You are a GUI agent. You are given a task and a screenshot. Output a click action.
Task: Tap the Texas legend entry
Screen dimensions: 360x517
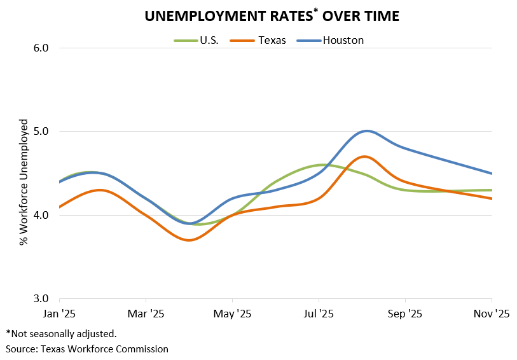click(x=272, y=40)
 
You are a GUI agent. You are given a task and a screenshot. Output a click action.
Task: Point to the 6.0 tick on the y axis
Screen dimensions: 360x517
click(x=41, y=48)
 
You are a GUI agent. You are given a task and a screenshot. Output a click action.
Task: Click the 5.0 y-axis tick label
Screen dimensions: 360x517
click(x=41, y=132)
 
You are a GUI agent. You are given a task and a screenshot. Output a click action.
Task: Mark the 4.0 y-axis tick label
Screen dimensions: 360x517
click(x=41, y=215)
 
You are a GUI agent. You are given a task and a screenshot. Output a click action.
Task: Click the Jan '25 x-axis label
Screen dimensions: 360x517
click(x=59, y=314)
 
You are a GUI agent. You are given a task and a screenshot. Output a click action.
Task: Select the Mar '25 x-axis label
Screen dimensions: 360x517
click(x=146, y=314)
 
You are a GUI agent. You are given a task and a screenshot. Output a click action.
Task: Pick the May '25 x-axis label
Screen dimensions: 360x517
click(x=233, y=314)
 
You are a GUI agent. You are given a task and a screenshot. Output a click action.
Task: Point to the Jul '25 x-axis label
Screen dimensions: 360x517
click(x=319, y=314)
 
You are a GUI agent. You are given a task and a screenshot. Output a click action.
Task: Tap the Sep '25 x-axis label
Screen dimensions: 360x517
click(x=405, y=314)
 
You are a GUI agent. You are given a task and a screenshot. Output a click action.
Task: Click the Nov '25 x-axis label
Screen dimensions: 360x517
click(x=492, y=314)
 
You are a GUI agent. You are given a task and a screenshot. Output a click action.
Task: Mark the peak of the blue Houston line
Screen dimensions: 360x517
click(x=366, y=131)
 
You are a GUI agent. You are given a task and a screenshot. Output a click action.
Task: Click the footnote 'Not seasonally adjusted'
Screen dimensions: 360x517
click(x=62, y=333)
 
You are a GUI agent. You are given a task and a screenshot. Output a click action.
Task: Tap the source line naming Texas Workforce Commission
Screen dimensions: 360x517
click(x=87, y=349)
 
